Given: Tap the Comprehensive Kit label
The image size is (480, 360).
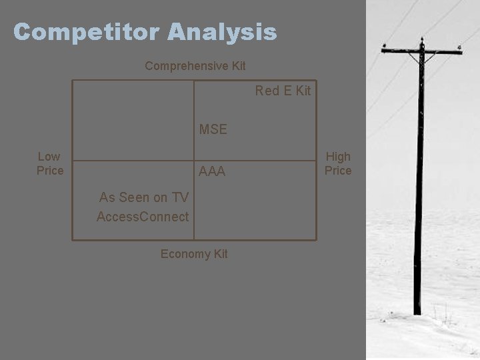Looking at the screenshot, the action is pos(195,66).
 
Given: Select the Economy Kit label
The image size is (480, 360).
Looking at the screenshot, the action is pos(194,254).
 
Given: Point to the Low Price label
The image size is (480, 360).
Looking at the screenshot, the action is pos(49,163).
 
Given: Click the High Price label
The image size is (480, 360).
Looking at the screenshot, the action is pos(338,163).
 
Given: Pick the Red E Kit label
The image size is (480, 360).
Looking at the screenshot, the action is pos(283,91).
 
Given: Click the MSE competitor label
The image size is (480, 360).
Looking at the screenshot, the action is pos(213,129).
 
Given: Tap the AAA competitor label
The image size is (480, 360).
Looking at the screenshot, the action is pos(213,172).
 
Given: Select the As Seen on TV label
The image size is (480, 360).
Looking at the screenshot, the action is pos(144,197).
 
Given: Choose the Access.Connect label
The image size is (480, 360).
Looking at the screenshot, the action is pos(143,217).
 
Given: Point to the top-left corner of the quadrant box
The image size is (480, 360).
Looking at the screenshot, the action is pos(73,81).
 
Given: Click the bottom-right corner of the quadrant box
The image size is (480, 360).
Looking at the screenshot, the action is pos(316,239).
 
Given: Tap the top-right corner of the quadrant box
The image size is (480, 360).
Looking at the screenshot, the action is pos(316,81).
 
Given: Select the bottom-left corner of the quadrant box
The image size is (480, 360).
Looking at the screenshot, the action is pos(73,239).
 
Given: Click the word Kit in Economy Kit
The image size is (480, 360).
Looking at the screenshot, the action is pos(219,254).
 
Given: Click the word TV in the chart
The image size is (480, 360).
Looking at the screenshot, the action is pos(180,197).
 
